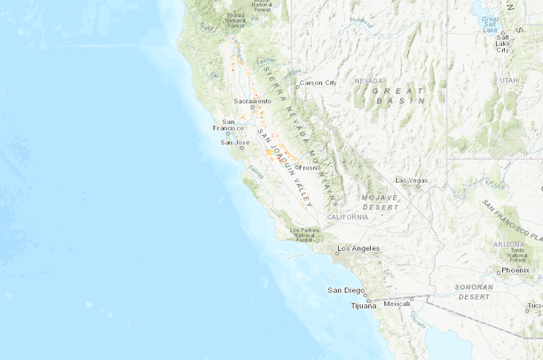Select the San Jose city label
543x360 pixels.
pyautogui.click(x=235, y=142)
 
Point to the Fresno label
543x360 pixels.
pyautogui.click(x=309, y=167)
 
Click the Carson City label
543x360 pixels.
pyautogui.click(x=318, y=82)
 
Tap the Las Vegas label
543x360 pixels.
pyautogui.click(x=411, y=180)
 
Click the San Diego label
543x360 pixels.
pyautogui.click(x=346, y=290)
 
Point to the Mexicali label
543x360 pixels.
pyautogui.click(x=397, y=303)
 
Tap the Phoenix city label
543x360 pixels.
pyautogui.click(x=515, y=270)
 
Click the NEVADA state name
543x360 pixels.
pyautogui.click(x=369, y=81)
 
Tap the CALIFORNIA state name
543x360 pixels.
pyautogui.click(x=347, y=216)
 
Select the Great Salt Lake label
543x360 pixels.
pyautogui.click(x=489, y=23)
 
